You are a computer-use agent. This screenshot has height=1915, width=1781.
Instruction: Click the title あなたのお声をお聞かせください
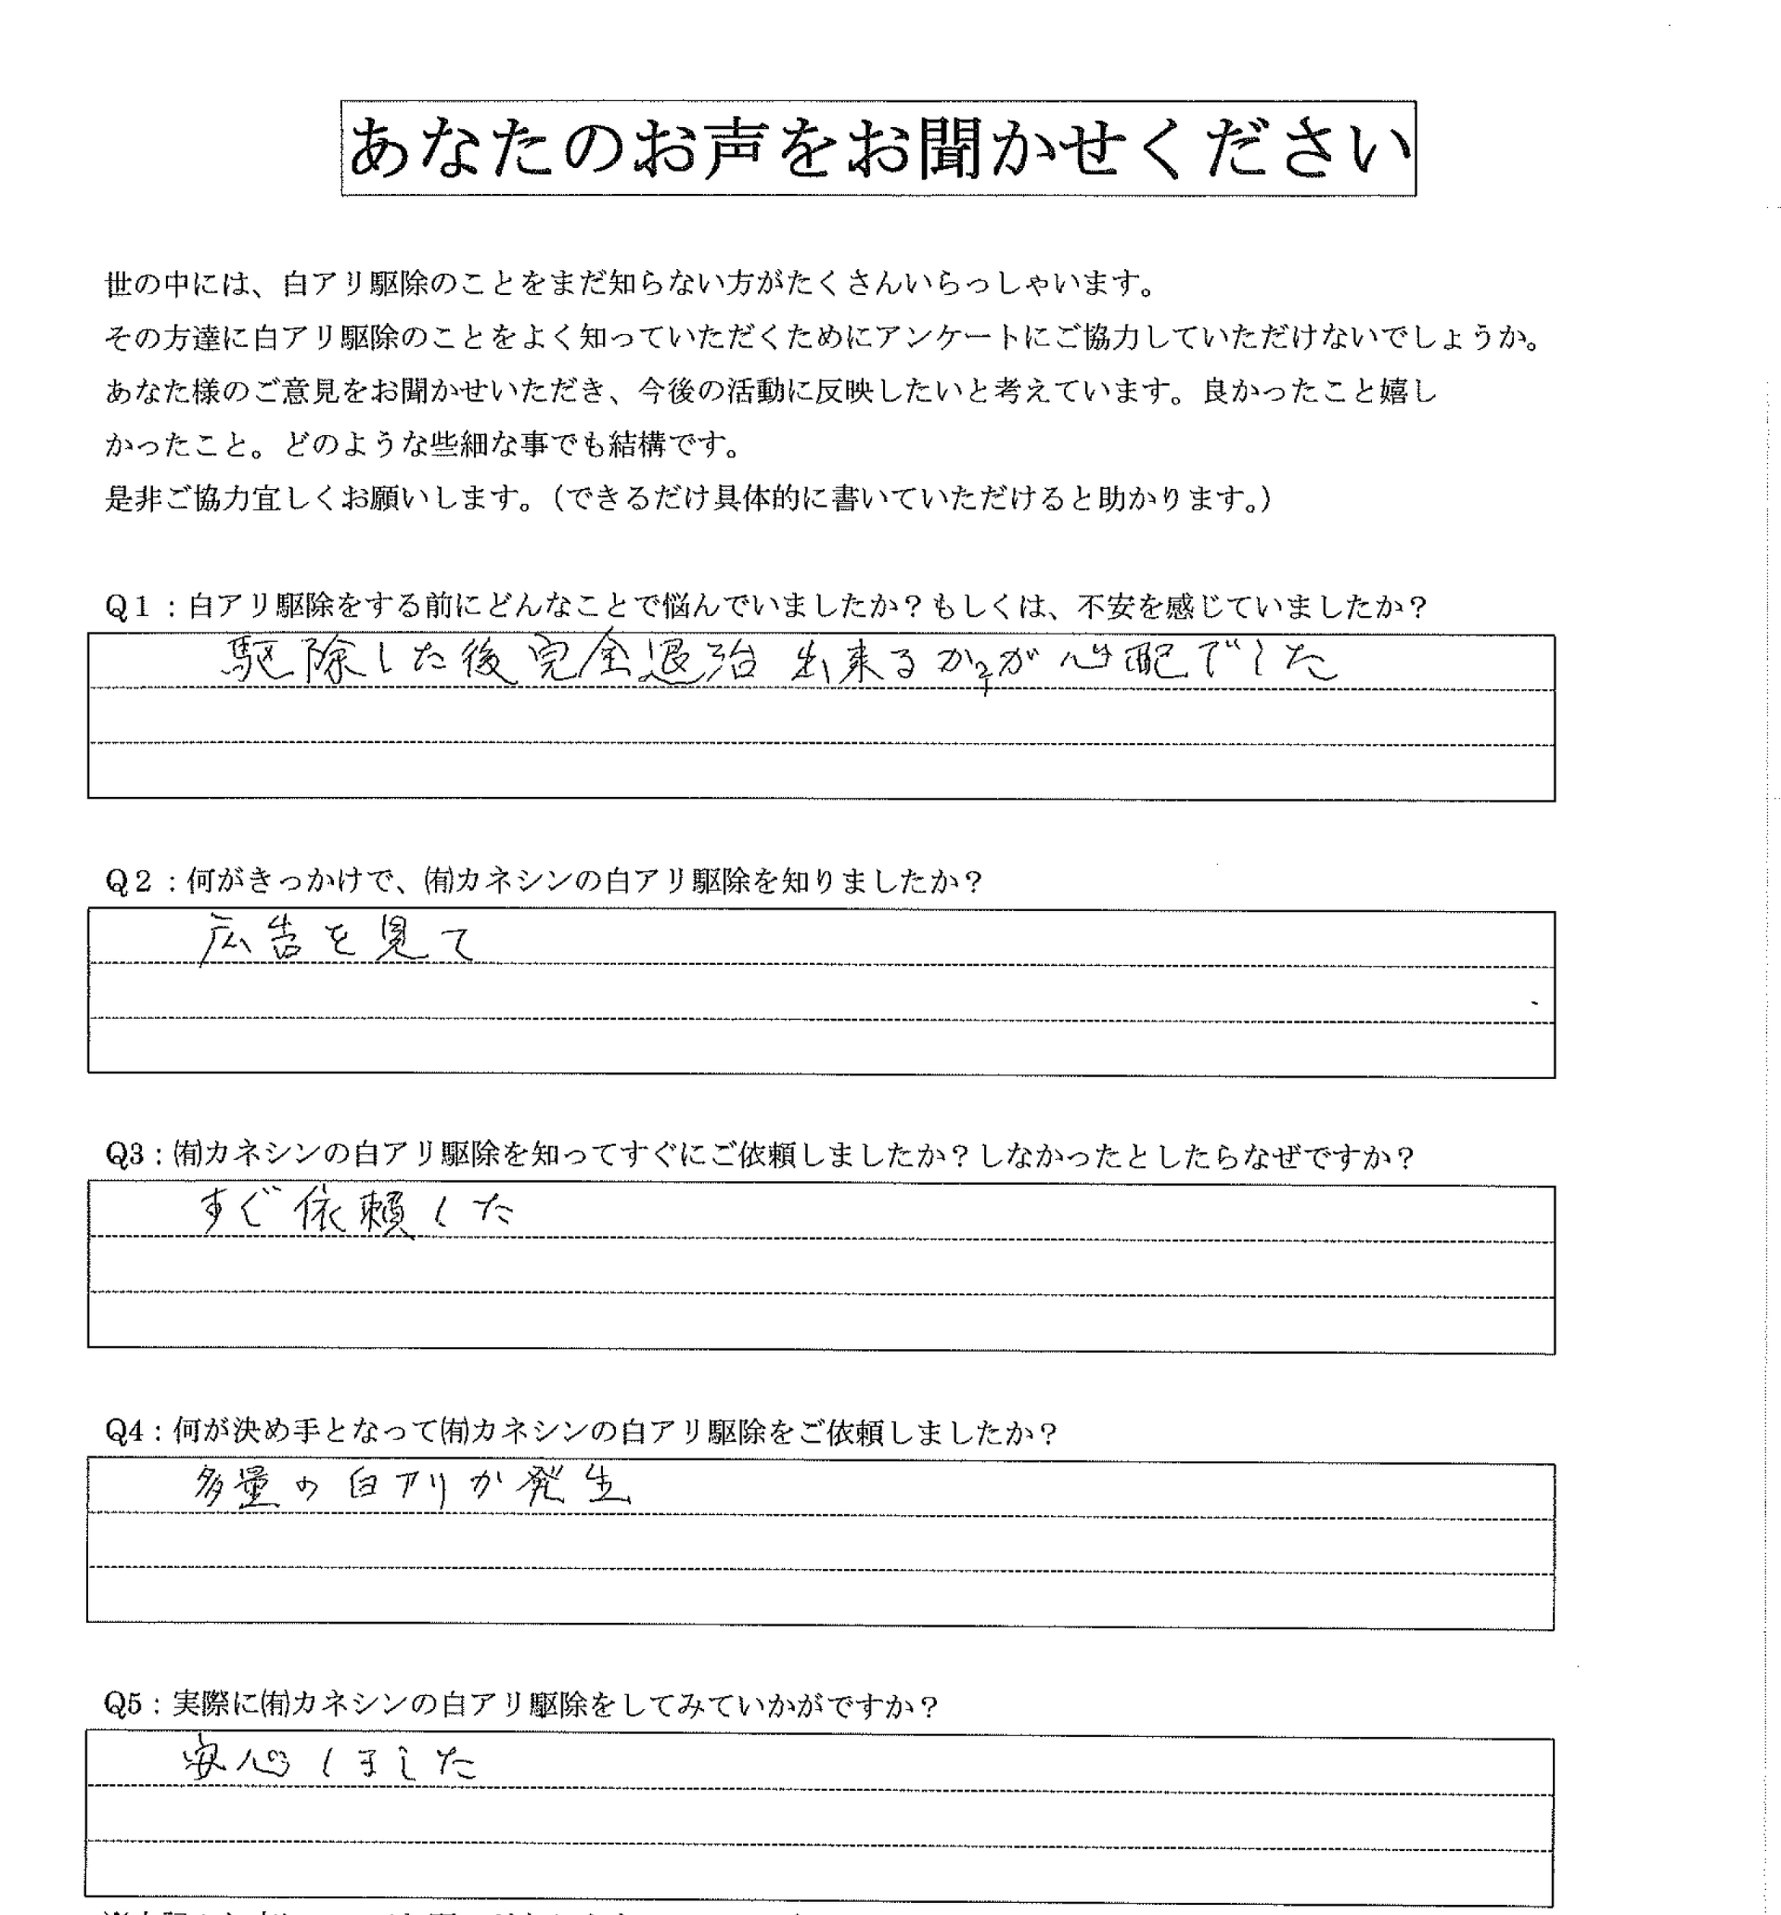[878, 149]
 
